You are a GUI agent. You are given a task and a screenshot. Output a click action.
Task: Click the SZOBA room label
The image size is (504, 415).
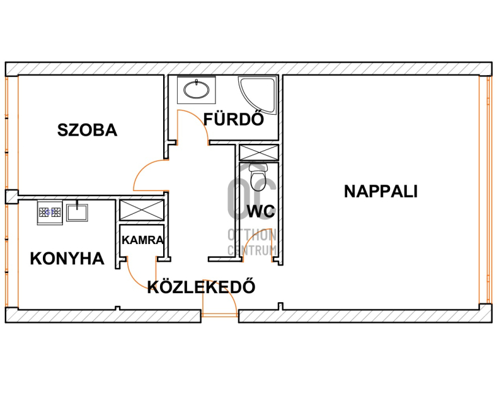(x=87, y=130)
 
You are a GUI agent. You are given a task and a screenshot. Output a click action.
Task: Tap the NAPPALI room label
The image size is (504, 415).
(x=381, y=191)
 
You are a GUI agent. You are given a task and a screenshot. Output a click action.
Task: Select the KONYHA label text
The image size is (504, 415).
(x=67, y=259)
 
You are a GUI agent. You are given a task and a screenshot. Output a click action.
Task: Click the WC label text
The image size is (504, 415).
(x=261, y=211)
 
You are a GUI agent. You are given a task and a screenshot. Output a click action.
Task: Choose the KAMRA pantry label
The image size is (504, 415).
(x=143, y=240)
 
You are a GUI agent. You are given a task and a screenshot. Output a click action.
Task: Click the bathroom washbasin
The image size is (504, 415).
(x=196, y=90)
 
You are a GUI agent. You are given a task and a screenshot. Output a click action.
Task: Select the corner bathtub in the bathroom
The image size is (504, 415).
(x=257, y=95)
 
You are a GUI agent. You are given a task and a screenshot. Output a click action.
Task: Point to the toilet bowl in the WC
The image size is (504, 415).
(x=258, y=178)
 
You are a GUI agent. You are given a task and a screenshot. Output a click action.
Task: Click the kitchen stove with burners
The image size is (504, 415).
(x=50, y=213)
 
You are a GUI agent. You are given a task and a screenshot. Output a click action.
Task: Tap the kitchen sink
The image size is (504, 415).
(x=77, y=213)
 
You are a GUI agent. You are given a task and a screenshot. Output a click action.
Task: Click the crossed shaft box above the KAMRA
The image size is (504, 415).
(x=142, y=210)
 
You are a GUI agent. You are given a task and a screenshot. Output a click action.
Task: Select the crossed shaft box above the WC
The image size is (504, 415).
(x=259, y=153)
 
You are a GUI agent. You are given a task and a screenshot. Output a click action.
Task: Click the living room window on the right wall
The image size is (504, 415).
(x=485, y=190)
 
